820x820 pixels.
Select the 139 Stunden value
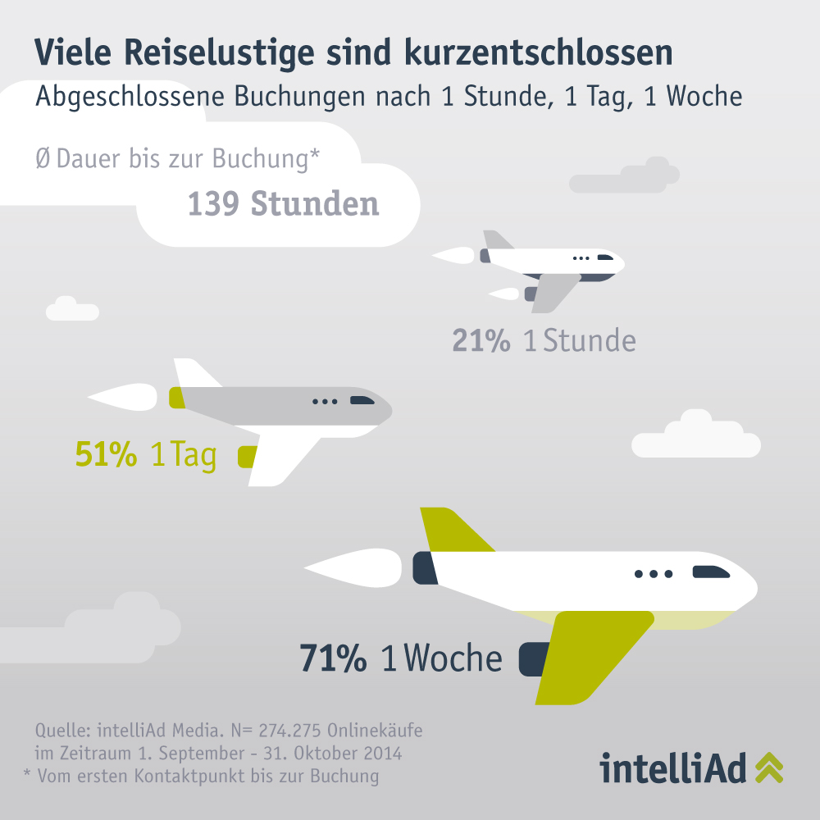click(284, 204)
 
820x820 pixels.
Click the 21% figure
click(481, 340)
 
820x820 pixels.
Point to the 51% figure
click(106, 455)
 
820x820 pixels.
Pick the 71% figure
click(333, 658)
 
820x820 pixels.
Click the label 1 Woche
click(443, 658)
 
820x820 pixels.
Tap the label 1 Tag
click(184, 455)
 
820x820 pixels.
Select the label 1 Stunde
click(580, 340)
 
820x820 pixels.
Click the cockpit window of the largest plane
click(710, 572)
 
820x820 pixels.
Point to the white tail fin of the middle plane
click(194, 374)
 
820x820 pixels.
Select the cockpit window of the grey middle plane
click(362, 400)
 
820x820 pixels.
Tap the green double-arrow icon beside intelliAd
click(768, 768)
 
